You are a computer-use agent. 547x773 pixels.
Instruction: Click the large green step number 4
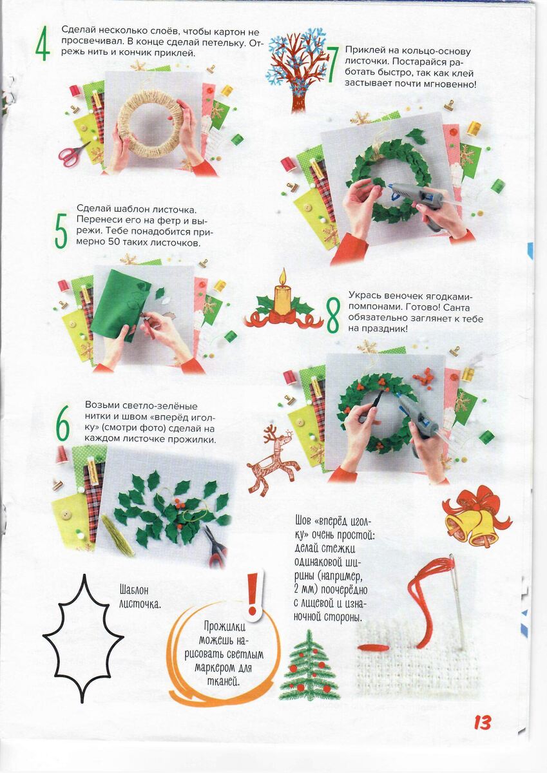click(x=43, y=44)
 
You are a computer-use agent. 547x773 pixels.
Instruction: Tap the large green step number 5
click(x=61, y=231)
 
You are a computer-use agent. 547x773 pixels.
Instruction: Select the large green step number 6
click(x=62, y=423)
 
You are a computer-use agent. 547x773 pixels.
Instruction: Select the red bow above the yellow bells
click(x=477, y=504)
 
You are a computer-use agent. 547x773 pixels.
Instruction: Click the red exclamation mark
click(x=254, y=593)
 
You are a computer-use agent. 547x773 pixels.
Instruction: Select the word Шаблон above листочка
click(x=133, y=589)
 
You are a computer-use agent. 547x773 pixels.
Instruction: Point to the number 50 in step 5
click(x=115, y=242)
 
